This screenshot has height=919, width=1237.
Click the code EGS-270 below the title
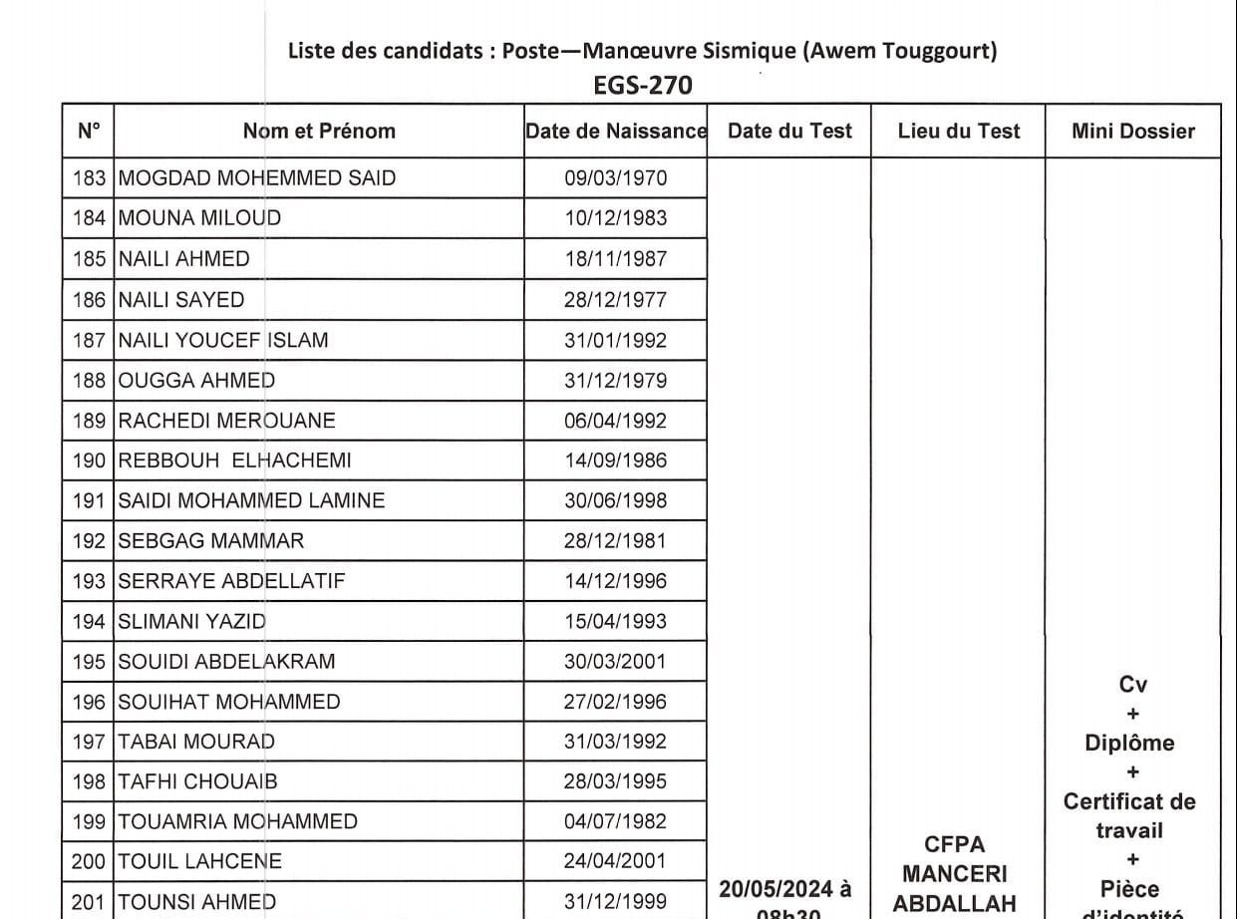[x=642, y=86]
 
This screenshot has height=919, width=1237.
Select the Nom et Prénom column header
[x=319, y=131]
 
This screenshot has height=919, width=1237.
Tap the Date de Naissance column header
[x=616, y=131]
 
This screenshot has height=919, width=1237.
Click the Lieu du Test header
[x=959, y=131]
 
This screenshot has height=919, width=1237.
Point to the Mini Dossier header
[x=1133, y=131]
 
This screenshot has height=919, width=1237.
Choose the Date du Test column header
[x=790, y=131]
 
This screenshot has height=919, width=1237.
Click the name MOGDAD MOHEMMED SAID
[x=257, y=178]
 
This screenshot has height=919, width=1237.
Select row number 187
[x=89, y=340]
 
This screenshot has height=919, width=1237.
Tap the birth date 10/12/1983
[x=616, y=218]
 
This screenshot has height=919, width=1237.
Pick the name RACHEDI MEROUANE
[x=227, y=421]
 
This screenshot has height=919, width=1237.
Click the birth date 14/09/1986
[x=616, y=460]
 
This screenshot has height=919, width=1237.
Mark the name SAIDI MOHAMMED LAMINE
[x=251, y=500]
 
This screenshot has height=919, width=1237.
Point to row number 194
[x=89, y=621]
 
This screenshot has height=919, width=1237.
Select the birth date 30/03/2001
[x=616, y=661]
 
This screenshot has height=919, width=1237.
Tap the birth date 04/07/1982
[x=616, y=821]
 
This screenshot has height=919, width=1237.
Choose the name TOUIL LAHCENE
[x=200, y=861]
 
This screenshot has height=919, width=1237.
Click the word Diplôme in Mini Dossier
[x=1129, y=743]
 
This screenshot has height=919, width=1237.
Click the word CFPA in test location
[x=955, y=844]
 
